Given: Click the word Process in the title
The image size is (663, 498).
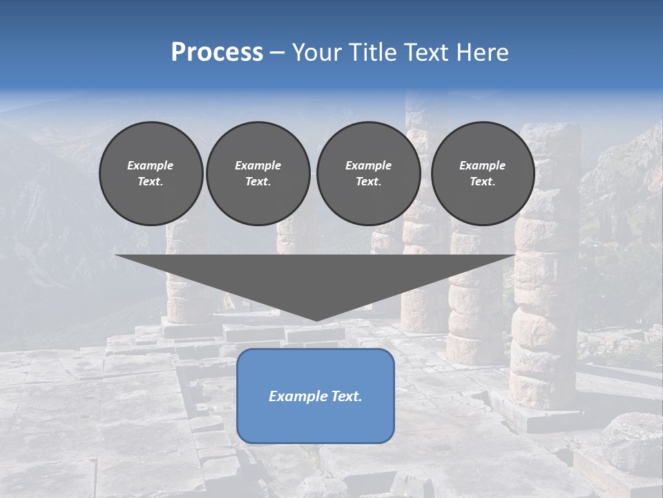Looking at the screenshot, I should coord(217,53).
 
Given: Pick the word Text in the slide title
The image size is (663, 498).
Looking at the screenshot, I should coord(429,53).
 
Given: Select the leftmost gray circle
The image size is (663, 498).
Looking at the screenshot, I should coord(151,174).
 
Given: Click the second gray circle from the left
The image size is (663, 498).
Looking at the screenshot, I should coord(258,174).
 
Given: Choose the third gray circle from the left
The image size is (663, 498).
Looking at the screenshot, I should coord(368,174).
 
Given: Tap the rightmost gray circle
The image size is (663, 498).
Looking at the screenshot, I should coord(483,174).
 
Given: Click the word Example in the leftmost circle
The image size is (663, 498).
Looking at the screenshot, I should coord(151,166).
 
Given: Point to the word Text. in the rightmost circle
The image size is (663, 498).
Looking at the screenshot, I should coord(483,182).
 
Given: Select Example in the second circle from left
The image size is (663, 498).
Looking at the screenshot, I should coord(258,166).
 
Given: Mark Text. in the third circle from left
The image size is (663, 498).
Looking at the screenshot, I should coord(368,182).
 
